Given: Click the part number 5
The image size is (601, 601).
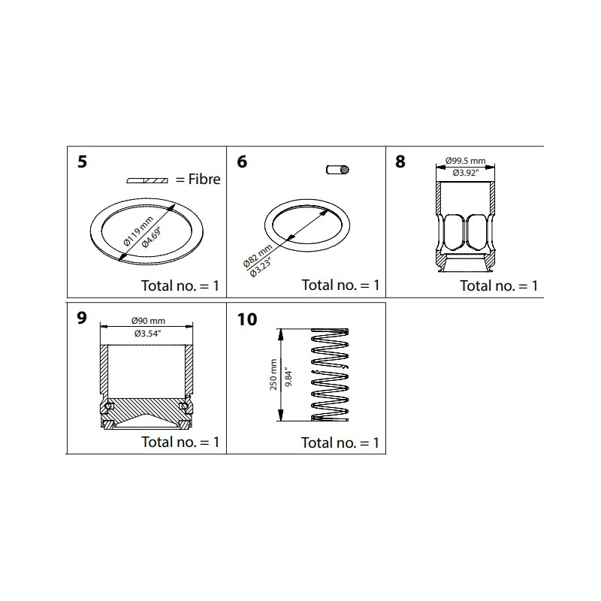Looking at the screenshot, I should coord(82,162).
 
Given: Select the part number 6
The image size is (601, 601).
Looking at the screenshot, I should coord(242,162).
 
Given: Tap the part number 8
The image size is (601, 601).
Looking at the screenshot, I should coord(400,162).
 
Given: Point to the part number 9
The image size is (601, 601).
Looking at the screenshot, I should coord(82,319).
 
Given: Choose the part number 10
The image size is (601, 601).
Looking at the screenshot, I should coord(246,319).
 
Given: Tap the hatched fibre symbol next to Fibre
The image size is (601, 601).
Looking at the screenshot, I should coord(148,181).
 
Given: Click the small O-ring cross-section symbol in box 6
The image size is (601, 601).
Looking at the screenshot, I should coord(338,171).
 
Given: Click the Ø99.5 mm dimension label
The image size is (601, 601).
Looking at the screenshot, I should coord(465,161).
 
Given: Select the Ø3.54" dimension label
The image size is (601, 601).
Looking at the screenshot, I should coord(148,332).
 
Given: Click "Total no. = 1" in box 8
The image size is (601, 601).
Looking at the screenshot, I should coord(499,285).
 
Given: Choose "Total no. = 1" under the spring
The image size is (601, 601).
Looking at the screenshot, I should coord(340,442).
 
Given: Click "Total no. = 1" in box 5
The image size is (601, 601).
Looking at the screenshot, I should coord(180,285).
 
